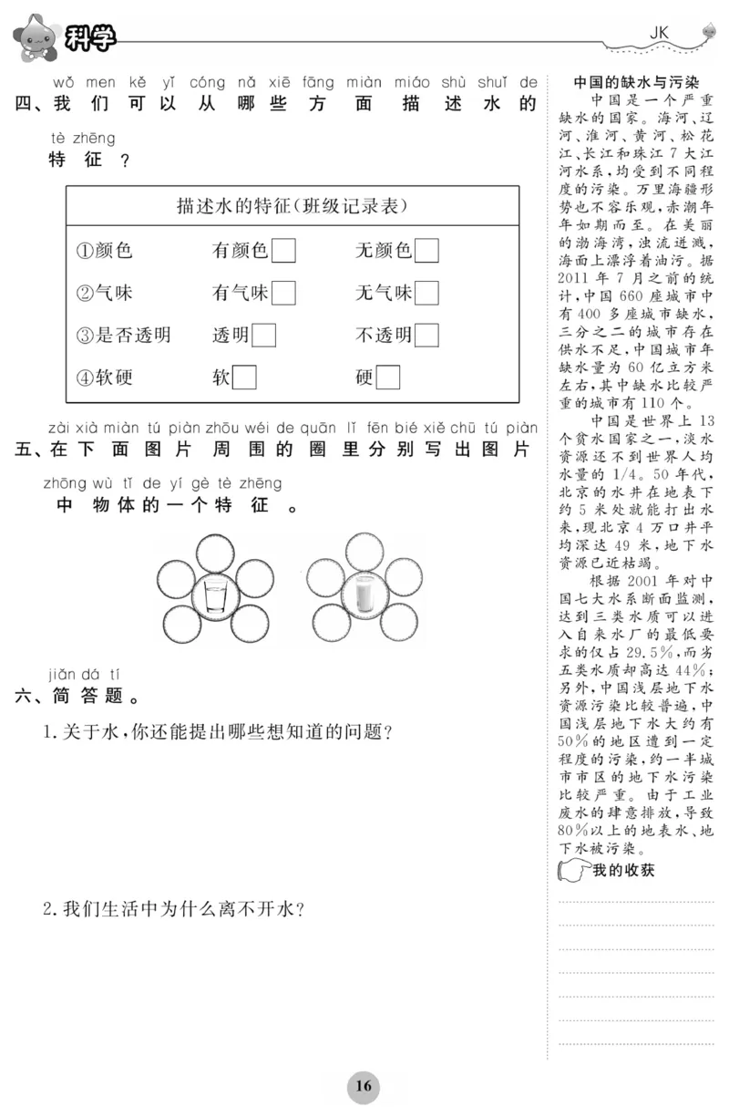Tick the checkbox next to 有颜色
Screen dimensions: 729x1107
tap(283, 250)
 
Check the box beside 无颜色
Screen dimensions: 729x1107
tap(426, 250)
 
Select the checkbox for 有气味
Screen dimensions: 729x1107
tap(283, 293)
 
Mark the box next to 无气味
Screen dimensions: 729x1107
tap(426, 293)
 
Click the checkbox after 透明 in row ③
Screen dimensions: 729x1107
tap(264, 335)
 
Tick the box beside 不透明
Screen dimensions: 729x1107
tap(426, 335)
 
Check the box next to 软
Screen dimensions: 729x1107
tap(244, 377)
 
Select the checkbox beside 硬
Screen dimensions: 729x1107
tap(388, 377)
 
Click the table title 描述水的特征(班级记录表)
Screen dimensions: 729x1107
tap(292, 206)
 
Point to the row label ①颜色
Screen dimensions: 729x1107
tap(104, 251)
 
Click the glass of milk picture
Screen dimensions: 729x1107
tap(364, 596)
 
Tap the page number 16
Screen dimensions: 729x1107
tap(364, 1085)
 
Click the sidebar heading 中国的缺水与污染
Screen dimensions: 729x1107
tap(635, 80)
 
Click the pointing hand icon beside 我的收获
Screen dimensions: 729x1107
tap(572, 871)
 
